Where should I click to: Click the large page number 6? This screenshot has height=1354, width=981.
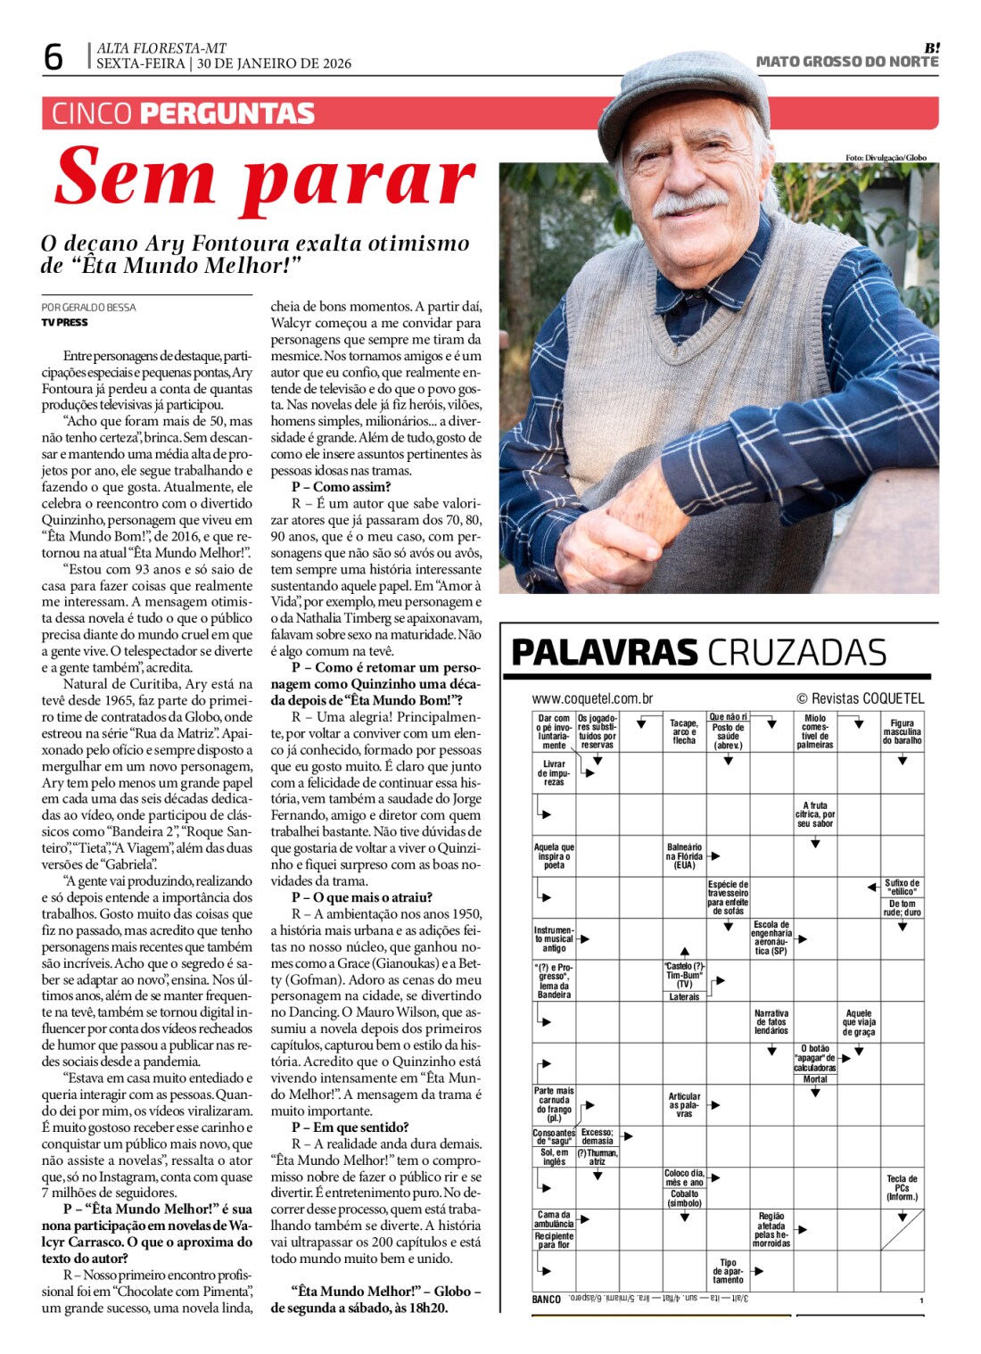click(x=54, y=57)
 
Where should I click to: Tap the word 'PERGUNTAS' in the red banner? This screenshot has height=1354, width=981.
click(x=227, y=114)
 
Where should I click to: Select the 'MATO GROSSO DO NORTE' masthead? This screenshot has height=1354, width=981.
click(x=846, y=62)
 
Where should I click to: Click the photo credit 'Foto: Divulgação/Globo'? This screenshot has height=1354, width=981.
click(x=886, y=158)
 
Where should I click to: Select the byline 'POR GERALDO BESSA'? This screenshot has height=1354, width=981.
click(x=88, y=308)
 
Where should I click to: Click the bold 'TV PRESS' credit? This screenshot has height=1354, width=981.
click(x=65, y=322)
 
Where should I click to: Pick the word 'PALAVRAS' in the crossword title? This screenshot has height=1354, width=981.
click(x=604, y=652)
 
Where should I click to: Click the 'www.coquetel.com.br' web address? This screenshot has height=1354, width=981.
click(x=592, y=699)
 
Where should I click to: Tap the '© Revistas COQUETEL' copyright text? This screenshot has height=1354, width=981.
click(x=860, y=699)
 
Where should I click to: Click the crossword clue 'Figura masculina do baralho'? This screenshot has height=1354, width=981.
click(x=902, y=731)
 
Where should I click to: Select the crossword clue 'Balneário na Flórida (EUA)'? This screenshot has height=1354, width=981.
click(x=684, y=856)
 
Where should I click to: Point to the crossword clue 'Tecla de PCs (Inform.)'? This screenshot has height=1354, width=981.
click(x=902, y=1187)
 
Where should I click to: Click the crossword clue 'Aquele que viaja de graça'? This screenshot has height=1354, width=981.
click(x=859, y=1022)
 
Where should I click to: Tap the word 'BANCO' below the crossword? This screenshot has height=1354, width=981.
click(x=546, y=1300)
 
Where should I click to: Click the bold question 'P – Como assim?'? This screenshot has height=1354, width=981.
click(x=341, y=487)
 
